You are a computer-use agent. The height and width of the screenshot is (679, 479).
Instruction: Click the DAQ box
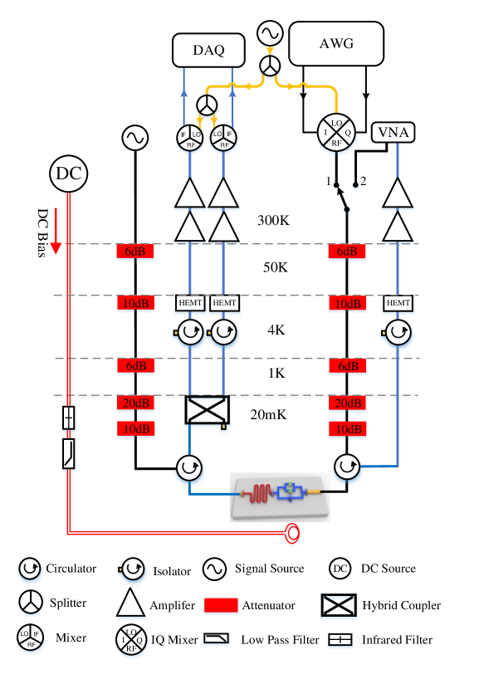pyautogui.click(x=208, y=50)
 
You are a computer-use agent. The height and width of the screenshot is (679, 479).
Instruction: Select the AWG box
pyautogui.click(x=336, y=44)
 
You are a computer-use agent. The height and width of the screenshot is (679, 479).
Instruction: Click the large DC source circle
pyautogui.click(x=69, y=173)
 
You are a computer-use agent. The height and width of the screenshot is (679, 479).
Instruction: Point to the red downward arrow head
pyautogui.click(x=56, y=248)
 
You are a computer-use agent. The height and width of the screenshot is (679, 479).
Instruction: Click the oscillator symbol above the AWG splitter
pyautogui.click(x=271, y=33)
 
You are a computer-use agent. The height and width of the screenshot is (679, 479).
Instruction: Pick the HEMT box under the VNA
pyautogui.click(x=398, y=304)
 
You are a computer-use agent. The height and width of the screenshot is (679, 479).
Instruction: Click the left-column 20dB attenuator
pyautogui.click(x=135, y=403)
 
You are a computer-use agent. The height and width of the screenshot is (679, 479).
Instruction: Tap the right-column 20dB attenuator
pyautogui.click(x=347, y=403)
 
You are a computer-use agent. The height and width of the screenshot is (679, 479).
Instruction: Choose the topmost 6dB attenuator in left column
pyautogui.click(x=135, y=252)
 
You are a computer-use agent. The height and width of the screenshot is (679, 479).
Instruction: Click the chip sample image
pyautogui.click(x=280, y=496)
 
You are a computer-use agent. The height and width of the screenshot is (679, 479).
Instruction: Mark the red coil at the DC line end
pyautogui.click(x=291, y=535)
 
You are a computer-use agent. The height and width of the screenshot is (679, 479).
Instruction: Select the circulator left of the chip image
pyautogui.click(x=189, y=469)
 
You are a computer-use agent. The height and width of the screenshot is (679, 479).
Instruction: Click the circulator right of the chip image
pyautogui.click(x=347, y=469)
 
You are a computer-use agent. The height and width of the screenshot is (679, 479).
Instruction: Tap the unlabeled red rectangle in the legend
pyautogui.click(x=221, y=607)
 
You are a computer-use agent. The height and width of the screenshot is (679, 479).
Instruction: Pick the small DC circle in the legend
pyautogui.click(x=340, y=569)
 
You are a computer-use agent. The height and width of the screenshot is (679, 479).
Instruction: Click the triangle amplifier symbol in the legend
pyautogui.click(x=131, y=603)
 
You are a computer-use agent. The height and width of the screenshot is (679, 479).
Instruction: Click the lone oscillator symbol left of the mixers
pyautogui.click(x=134, y=139)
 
